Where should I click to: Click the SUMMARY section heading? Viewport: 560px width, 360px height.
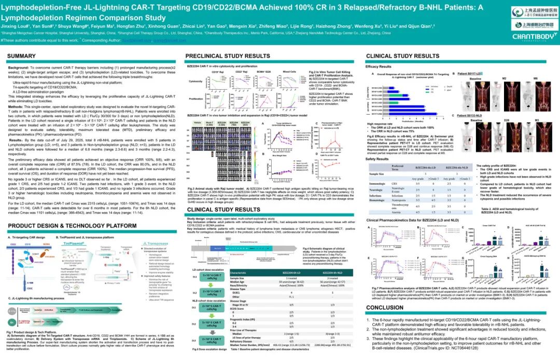(x=22, y=56)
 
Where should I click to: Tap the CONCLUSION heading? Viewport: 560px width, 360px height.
(x=385, y=307)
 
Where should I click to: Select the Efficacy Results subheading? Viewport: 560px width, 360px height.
(x=379, y=67)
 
